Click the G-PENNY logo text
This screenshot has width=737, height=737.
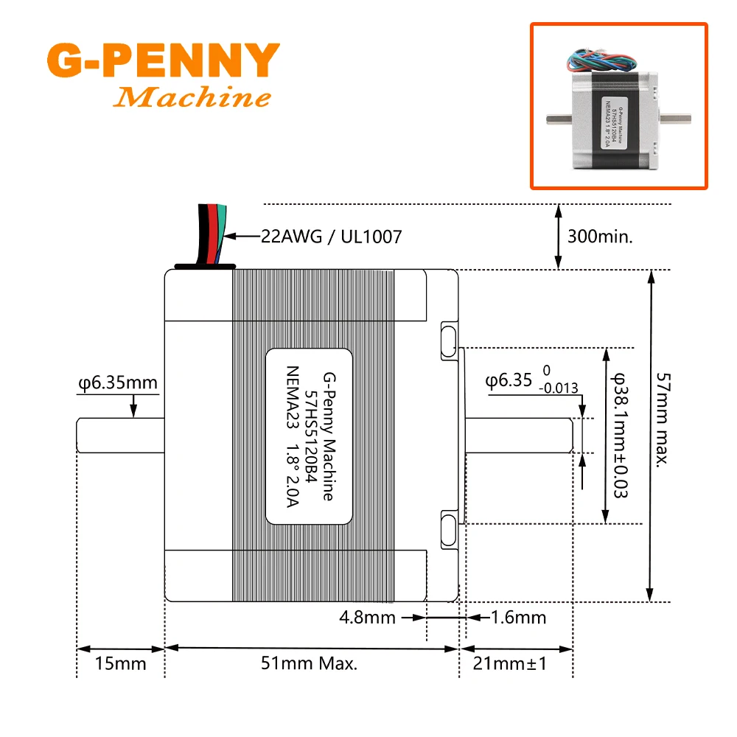point(163,61)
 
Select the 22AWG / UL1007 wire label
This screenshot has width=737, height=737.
point(332,237)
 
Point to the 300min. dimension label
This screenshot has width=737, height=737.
point(601,237)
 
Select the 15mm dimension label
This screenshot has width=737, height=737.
point(121,663)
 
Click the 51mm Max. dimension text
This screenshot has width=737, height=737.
point(310,663)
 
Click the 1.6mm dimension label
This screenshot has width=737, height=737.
point(518,617)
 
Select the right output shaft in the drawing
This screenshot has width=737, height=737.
point(516,435)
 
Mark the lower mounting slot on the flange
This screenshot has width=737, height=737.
point(449,528)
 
